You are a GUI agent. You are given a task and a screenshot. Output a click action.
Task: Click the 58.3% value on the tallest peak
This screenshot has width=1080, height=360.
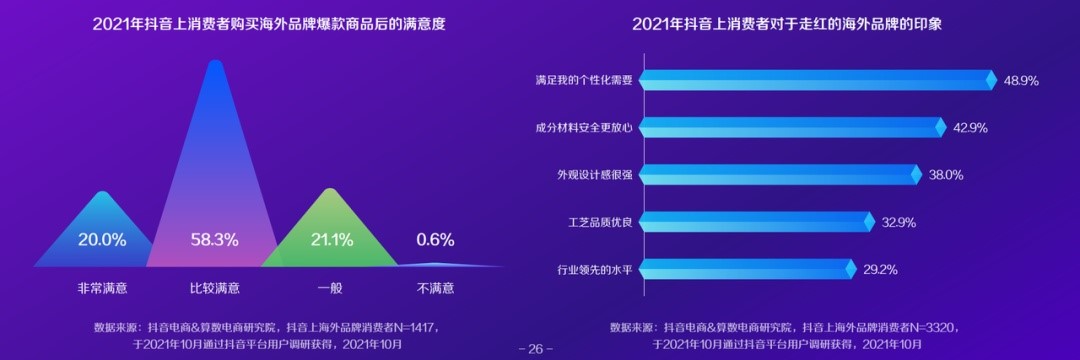(x=214, y=240)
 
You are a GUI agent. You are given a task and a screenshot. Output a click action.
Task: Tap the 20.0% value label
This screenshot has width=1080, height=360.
(x=102, y=240)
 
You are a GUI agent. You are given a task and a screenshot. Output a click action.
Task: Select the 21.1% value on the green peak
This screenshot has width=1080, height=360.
(x=332, y=240)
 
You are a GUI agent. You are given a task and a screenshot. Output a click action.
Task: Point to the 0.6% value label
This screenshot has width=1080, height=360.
(x=435, y=240)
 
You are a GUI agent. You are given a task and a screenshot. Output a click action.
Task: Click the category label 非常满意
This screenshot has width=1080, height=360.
(x=102, y=288)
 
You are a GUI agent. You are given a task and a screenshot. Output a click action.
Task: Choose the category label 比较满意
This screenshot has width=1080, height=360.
(x=214, y=288)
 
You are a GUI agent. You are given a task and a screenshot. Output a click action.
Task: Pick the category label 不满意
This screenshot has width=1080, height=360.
(x=435, y=288)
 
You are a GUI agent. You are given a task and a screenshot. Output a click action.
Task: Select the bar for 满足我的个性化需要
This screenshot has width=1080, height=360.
(x=815, y=80)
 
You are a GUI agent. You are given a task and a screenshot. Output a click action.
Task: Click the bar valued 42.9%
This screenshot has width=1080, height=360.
(x=790, y=127)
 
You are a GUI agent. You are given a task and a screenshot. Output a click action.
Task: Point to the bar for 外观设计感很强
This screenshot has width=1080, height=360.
(x=778, y=175)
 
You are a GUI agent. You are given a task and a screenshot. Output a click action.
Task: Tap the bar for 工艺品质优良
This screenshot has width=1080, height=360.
(x=755, y=222)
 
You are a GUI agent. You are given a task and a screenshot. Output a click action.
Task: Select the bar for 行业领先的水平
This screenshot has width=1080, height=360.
(x=746, y=269)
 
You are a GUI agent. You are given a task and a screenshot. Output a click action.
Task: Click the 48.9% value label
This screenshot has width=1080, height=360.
(x=1021, y=80)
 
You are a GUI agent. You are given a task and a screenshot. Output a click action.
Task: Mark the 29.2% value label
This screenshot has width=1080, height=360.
(x=880, y=269)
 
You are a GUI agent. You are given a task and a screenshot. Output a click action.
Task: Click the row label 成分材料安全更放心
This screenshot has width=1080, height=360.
(x=584, y=127)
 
